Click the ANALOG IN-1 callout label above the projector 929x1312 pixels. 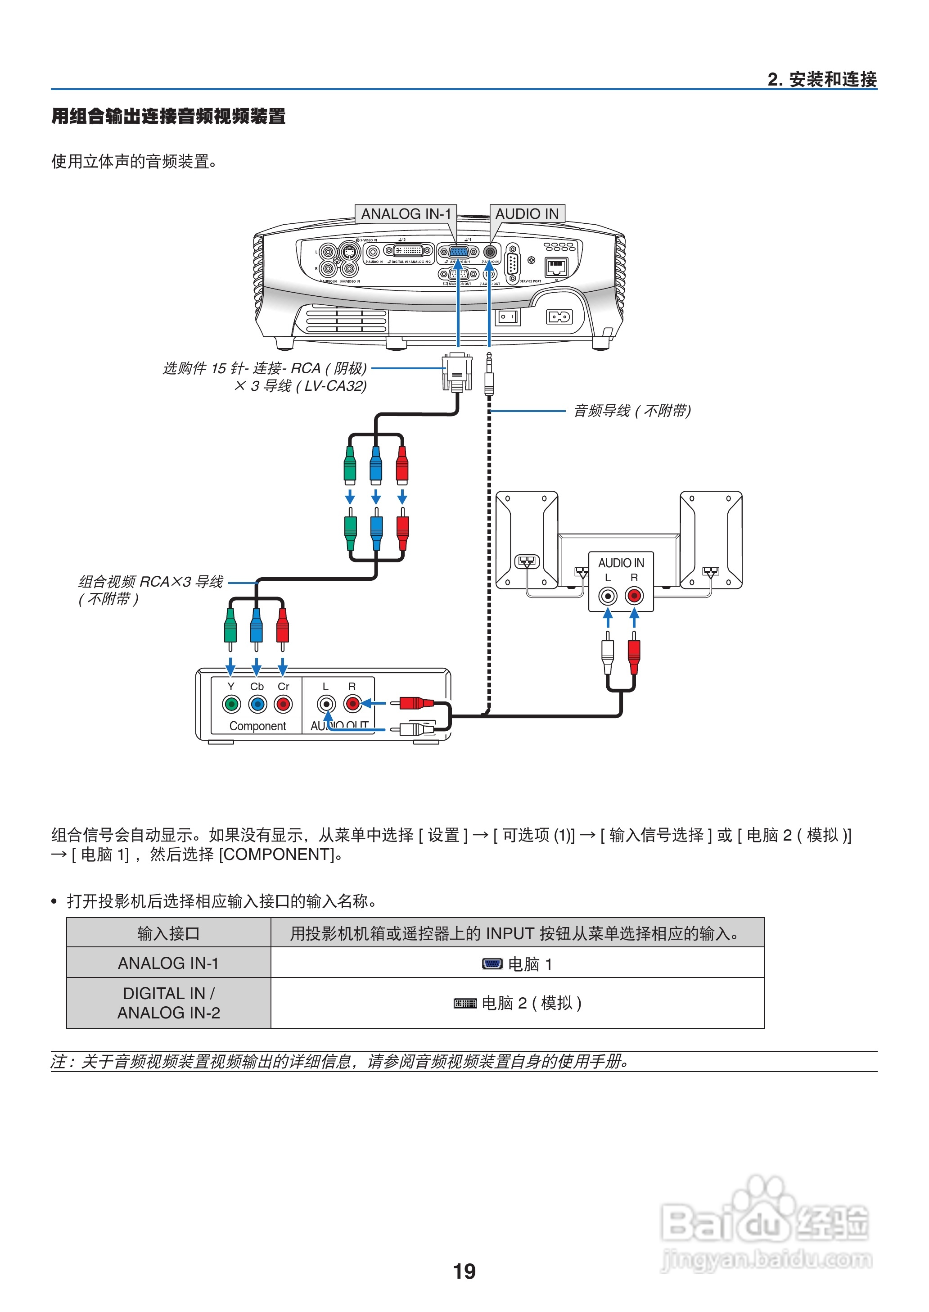406,213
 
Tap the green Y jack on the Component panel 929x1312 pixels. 231,704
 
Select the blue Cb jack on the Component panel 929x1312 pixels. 257,704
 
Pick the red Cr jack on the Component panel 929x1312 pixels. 283,704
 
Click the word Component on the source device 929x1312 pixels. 257,726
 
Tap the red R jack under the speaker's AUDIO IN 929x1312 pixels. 634,596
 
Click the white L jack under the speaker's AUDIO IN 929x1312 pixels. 608,596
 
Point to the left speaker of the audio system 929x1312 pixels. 526,539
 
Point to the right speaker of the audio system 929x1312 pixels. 711,539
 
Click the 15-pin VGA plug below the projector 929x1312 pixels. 457,372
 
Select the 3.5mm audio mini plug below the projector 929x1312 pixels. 489,375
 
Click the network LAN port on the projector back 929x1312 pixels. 556,267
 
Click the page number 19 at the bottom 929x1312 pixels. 464,1271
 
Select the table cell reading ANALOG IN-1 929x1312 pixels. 168,963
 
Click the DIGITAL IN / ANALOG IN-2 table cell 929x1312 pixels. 168,1002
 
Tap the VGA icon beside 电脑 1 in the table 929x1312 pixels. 492,964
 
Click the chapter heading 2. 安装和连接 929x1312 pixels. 821,79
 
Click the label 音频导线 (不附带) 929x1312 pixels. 632,410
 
